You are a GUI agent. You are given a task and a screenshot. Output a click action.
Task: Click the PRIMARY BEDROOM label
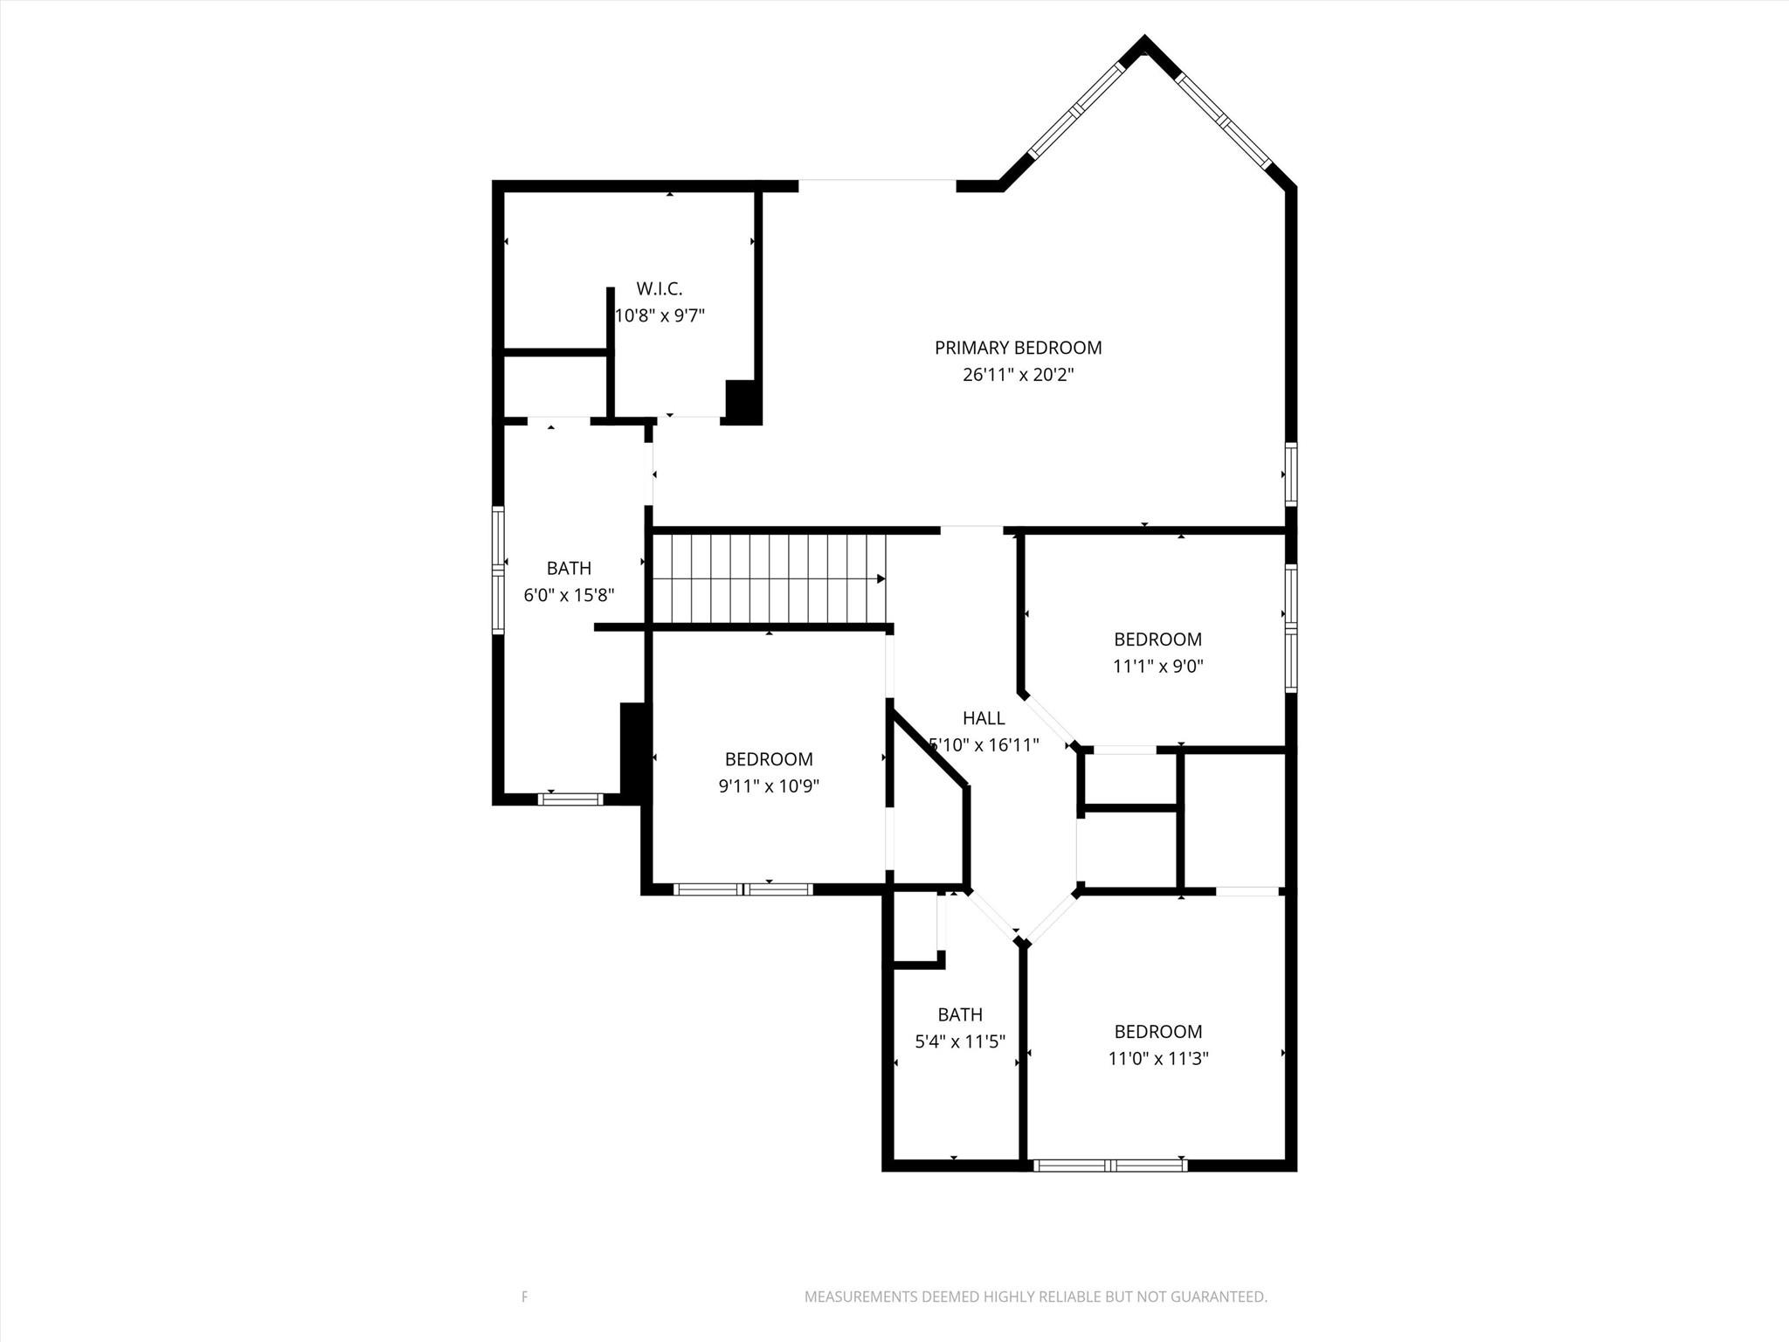[1018, 348]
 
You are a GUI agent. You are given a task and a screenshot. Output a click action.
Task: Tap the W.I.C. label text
[659, 288]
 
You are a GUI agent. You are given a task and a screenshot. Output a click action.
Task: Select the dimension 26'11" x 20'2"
[1018, 375]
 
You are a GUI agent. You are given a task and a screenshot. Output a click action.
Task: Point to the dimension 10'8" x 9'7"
[660, 315]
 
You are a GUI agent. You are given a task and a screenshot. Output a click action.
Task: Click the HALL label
[984, 718]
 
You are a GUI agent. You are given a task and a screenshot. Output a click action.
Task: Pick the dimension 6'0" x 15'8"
[569, 595]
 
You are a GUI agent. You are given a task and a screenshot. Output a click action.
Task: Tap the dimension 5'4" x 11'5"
[960, 1041]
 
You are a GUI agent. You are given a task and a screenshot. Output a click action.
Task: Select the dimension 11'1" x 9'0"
[1157, 666]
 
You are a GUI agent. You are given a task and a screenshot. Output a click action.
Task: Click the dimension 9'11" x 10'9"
[769, 786]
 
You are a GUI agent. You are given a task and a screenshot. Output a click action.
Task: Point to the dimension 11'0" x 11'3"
[1157, 1058]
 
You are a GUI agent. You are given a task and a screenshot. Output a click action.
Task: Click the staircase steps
[769, 578]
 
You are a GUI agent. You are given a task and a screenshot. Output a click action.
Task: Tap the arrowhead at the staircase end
[881, 578]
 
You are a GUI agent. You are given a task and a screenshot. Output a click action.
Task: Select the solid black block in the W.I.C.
[743, 402]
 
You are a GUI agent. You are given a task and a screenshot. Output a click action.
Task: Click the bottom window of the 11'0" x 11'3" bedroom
[1109, 1165]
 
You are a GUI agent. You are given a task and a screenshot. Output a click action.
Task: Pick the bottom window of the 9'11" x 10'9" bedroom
[743, 889]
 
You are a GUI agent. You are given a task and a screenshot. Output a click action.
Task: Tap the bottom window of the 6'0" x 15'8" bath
[570, 799]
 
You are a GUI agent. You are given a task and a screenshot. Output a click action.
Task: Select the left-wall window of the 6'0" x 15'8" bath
[498, 570]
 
